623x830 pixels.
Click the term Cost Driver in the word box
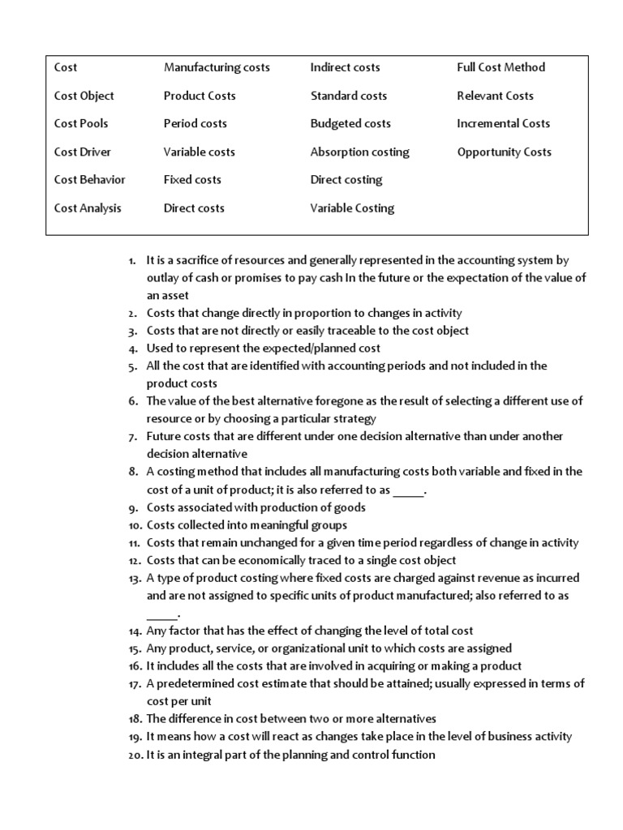83,152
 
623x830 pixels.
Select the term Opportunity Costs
504,152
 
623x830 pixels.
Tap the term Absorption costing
359,152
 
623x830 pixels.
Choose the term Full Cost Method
501,67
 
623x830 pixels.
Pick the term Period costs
195,123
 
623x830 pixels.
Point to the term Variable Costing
352,207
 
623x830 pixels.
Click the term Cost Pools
81,123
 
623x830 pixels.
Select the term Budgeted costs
350,123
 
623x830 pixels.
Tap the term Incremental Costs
503,123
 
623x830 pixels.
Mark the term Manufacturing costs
217,67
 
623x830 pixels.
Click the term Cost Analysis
88,207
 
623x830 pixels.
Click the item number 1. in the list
133,260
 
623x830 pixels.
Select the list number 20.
134,755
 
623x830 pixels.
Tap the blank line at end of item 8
408,492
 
